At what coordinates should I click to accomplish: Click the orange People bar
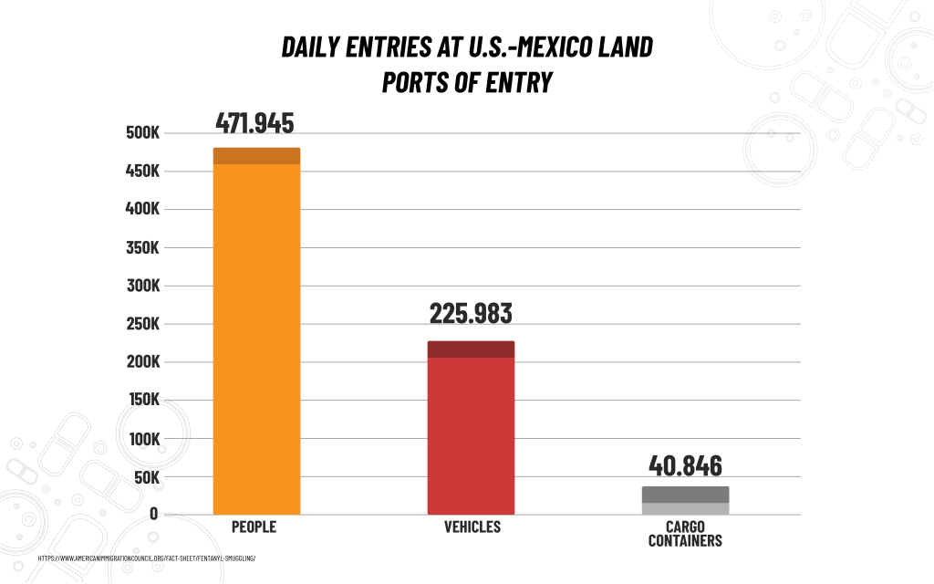(256, 338)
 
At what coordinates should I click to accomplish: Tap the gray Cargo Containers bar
(685, 501)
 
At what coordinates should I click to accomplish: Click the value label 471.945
(254, 123)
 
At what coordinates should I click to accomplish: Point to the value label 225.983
(471, 314)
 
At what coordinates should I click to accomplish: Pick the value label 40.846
(685, 465)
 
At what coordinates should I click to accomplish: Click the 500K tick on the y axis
(142, 133)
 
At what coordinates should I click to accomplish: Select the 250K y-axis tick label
(142, 324)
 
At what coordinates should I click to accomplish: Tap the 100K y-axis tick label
(142, 439)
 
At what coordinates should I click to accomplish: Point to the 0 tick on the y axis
(153, 515)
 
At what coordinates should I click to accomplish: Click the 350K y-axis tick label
(142, 248)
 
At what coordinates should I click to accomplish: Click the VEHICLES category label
(472, 527)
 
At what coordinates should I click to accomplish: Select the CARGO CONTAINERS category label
(685, 534)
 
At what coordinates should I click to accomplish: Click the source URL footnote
(147, 558)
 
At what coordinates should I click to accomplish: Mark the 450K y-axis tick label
(142, 172)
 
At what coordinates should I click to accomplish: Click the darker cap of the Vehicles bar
(471, 349)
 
